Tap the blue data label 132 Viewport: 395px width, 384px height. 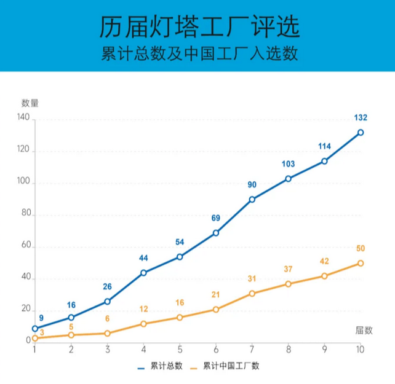click(361, 117)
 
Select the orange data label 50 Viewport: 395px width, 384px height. click(361, 248)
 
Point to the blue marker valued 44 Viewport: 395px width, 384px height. click(143, 273)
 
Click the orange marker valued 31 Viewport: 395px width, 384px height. click(252, 294)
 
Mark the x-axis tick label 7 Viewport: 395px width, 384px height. click(252, 350)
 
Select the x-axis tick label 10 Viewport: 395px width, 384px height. click(360, 350)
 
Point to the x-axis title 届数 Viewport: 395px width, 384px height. click(364, 330)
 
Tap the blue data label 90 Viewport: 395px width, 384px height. click(252, 185)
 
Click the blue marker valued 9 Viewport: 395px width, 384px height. click(35, 329)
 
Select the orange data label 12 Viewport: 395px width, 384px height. click(143, 309)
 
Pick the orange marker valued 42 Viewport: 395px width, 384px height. click(324, 276)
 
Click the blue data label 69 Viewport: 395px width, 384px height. click(216, 218)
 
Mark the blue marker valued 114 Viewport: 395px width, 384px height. click(324, 161)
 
